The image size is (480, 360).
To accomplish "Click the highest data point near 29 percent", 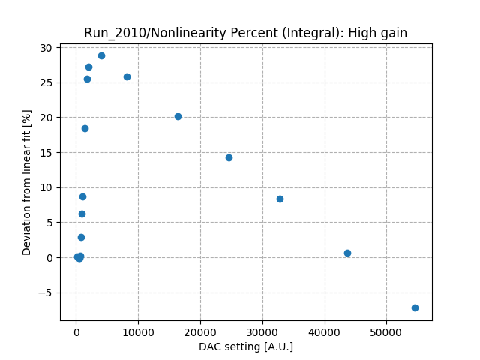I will (101, 55).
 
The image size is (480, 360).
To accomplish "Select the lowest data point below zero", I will (415, 307).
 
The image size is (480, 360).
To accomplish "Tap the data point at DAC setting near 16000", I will (178, 116).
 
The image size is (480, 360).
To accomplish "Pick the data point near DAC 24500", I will (229, 157).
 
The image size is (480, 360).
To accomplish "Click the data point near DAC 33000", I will (280, 199).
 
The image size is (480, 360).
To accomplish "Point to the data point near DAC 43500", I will (347, 253).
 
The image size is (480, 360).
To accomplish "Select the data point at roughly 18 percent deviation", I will (85, 128).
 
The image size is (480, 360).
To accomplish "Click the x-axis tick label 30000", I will (262, 332).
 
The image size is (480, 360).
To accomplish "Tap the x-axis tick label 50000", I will (386, 332).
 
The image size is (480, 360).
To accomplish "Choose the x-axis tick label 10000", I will (138, 332).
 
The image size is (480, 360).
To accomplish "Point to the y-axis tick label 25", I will (46, 82).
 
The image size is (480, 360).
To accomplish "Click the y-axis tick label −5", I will (46, 292).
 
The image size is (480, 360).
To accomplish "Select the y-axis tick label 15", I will (46, 152).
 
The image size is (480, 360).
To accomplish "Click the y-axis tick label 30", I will (46, 48).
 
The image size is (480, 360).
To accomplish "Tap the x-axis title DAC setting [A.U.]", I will (246, 346).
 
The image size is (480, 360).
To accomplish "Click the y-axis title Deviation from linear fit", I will (27, 182).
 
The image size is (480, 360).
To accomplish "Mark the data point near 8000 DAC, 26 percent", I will (127, 76).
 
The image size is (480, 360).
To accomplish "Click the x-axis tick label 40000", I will (325, 332).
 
